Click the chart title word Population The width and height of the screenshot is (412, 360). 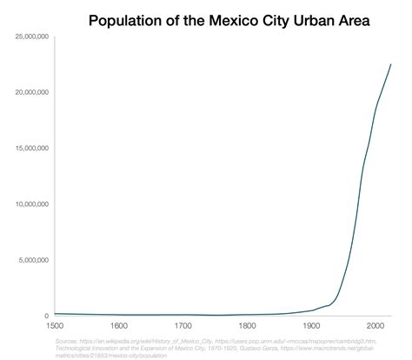pos(129,18)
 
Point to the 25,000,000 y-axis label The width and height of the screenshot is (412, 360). pos(31,37)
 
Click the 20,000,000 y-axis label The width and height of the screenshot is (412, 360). pos(31,92)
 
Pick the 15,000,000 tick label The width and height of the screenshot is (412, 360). pos(31,149)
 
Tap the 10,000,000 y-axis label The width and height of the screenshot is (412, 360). pos(31,204)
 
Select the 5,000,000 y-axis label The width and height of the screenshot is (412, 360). pos(34,260)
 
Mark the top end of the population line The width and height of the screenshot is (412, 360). pos(391,64)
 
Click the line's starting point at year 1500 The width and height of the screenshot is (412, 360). pos(55,314)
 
